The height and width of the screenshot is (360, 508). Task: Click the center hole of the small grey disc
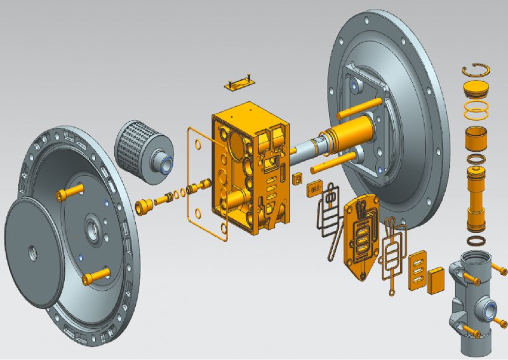(32, 253)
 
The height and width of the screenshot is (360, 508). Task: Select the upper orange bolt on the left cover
(70, 190)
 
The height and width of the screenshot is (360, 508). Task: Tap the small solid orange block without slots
(436, 279)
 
